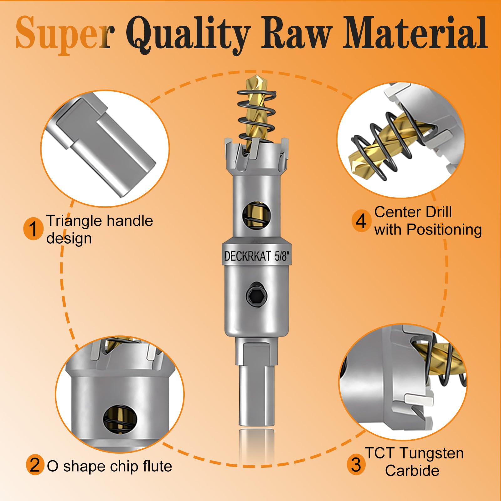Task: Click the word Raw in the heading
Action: coord(298,33)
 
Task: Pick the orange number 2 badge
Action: coord(35,465)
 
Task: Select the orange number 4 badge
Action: coord(361,221)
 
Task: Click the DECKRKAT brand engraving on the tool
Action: coord(247,256)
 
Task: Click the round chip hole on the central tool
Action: coord(256,214)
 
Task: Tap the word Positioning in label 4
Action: coord(444,230)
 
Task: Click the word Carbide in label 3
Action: coord(412,471)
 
